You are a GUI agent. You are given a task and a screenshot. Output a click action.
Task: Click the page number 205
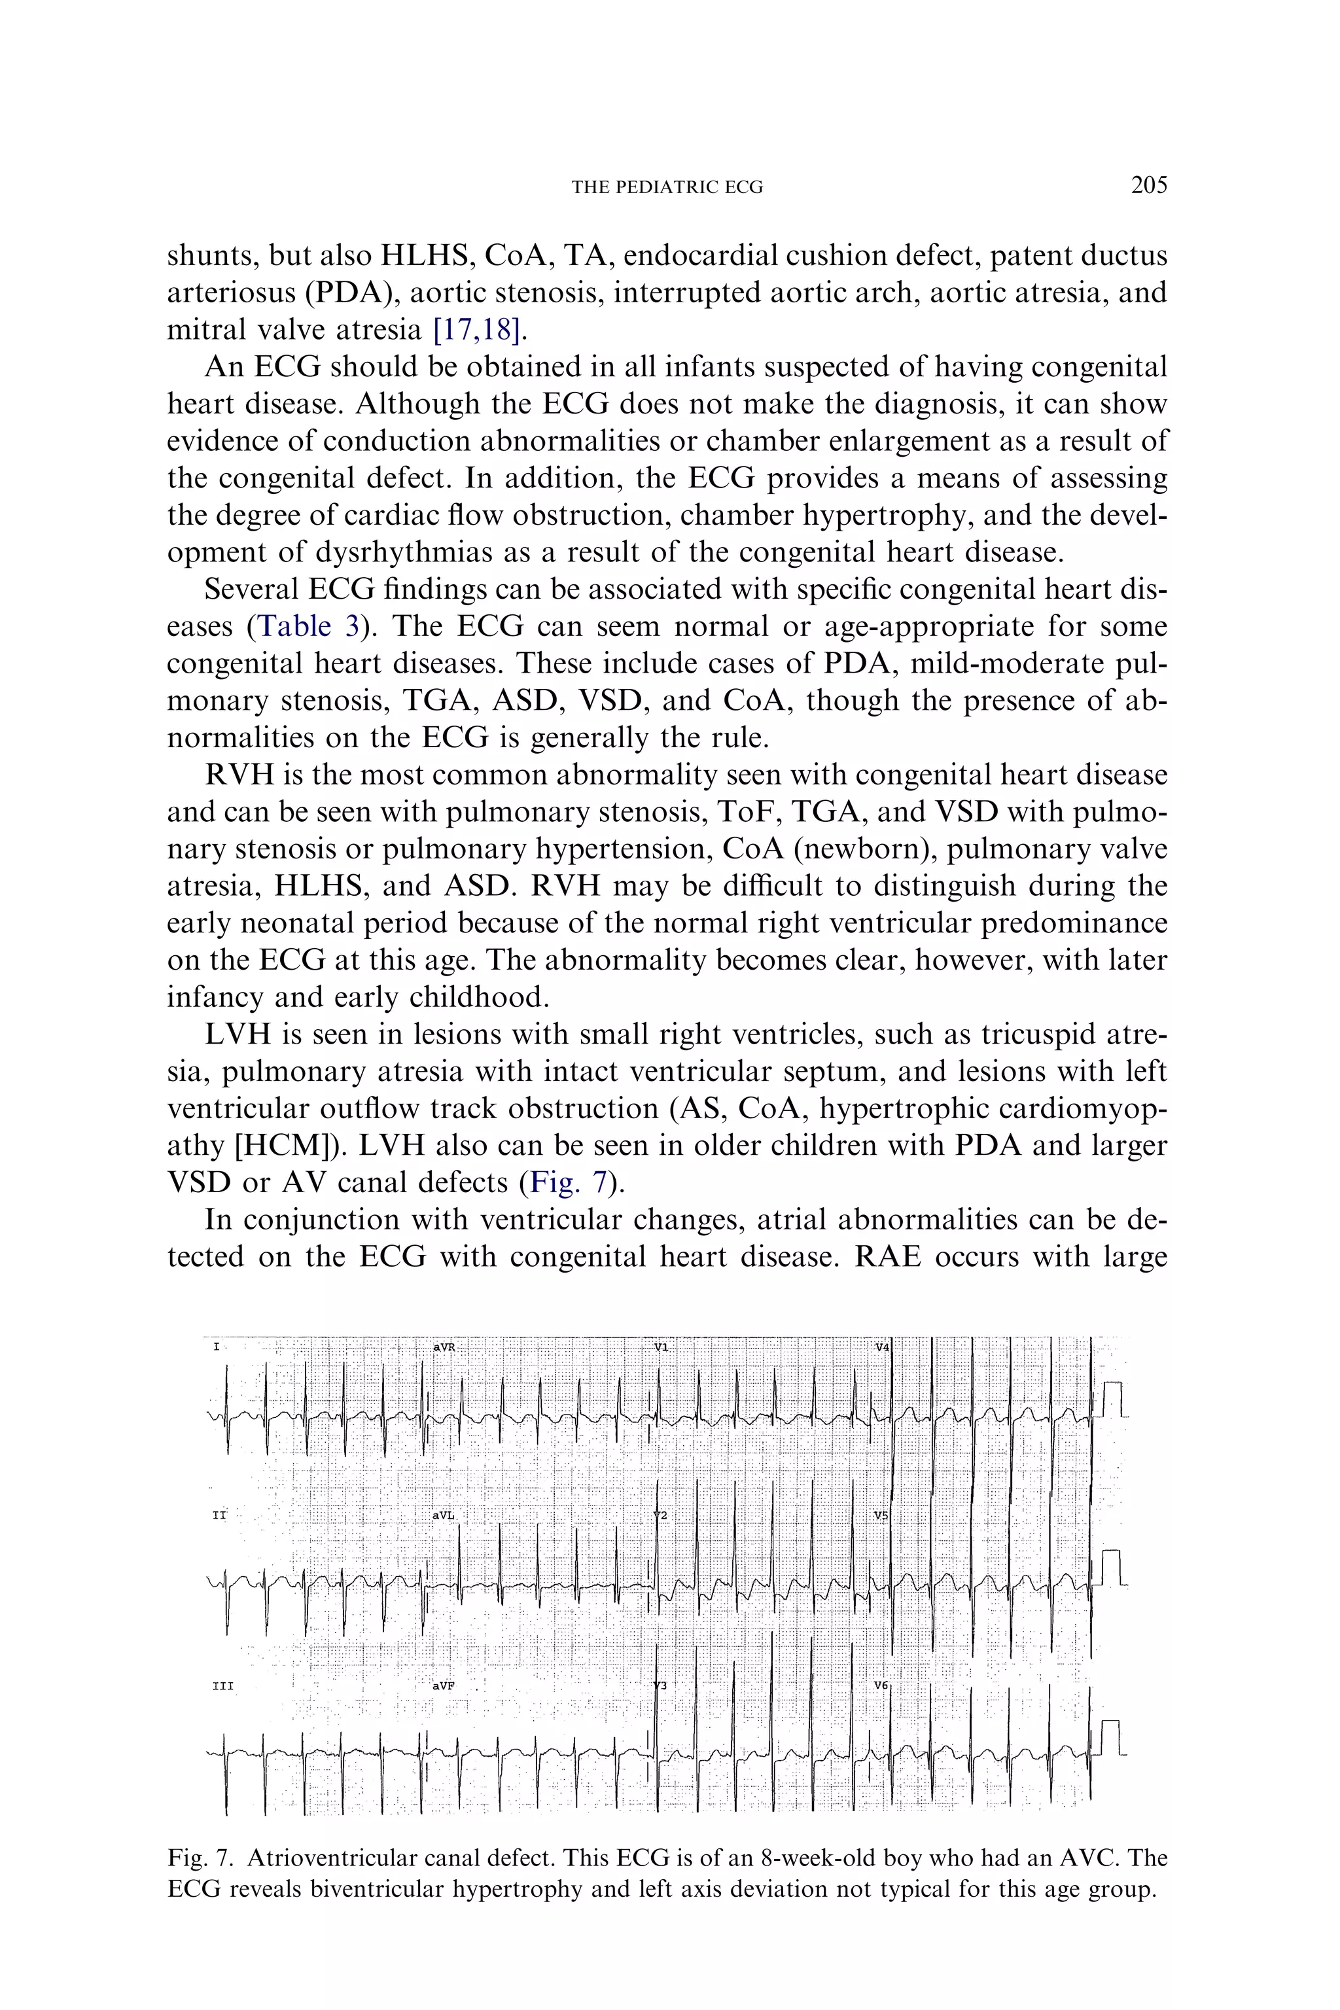pyautogui.click(x=1148, y=185)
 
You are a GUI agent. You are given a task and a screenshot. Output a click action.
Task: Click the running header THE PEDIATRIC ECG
pyautogui.click(x=667, y=187)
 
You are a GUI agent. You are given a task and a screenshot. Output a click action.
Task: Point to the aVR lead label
pyautogui.click(x=444, y=1347)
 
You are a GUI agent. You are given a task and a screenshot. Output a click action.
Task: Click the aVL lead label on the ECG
pyautogui.click(x=444, y=1515)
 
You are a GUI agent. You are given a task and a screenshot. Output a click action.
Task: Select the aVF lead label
pyautogui.click(x=443, y=1686)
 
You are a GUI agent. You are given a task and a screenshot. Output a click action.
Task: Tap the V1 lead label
pyautogui.click(x=661, y=1347)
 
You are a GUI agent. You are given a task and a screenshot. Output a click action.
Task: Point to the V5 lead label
pyautogui.click(x=881, y=1515)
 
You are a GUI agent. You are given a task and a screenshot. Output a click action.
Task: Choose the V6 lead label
pyautogui.click(x=881, y=1685)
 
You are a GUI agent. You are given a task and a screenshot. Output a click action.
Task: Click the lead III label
pyautogui.click(x=222, y=1687)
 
